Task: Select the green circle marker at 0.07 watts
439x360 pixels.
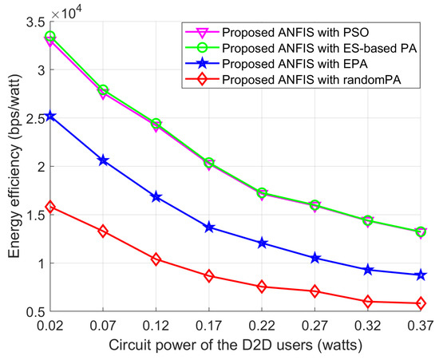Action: pos(102,90)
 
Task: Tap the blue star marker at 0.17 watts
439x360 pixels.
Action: pos(209,227)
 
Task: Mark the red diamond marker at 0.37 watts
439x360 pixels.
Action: pos(421,303)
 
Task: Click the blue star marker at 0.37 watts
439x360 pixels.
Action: pos(421,275)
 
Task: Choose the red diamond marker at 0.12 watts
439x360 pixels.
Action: pos(156,259)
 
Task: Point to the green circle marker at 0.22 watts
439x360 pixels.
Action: pos(262,193)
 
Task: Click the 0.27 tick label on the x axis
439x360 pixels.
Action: pos(314,326)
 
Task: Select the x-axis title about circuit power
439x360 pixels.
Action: pos(235,346)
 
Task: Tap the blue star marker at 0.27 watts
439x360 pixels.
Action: pos(314,258)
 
